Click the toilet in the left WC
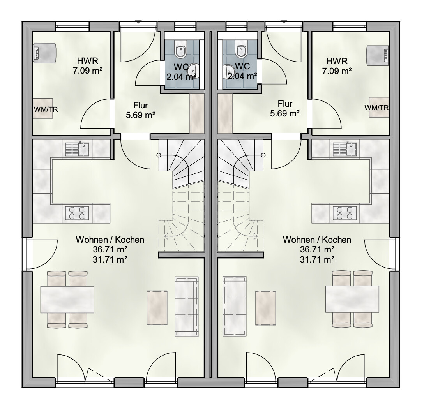point(180,51)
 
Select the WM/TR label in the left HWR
point(46,109)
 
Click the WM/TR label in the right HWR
point(376,108)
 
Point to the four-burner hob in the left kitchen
point(77,213)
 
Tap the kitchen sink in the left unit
point(77,150)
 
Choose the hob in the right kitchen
point(345,213)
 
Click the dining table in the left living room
point(67,299)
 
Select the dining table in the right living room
point(352,299)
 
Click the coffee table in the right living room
point(266,308)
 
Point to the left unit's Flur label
point(141,105)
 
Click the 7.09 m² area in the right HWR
point(337,71)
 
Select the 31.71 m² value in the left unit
point(110,259)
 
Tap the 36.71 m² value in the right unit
point(317,249)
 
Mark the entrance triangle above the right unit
point(284,21)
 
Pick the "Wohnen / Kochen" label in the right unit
point(317,240)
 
